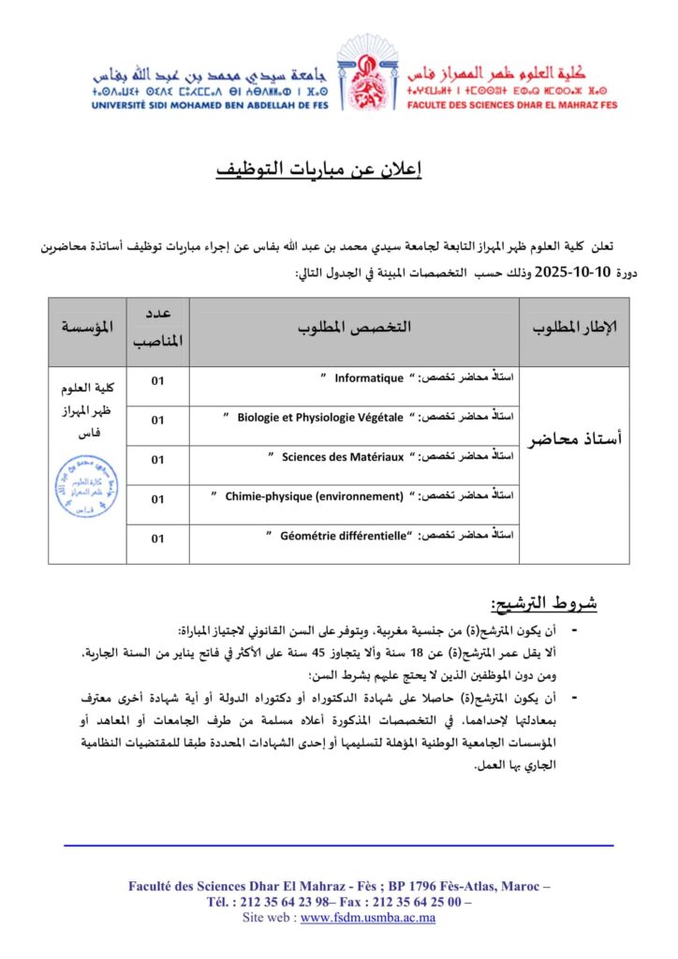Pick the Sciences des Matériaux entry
point(343,457)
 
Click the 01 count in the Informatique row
point(157,379)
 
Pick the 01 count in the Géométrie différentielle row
point(157,539)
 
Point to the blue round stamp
point(87,488)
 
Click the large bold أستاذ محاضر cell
point(575,439)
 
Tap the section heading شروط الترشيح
point(544,601)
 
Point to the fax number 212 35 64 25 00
point(420,902)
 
